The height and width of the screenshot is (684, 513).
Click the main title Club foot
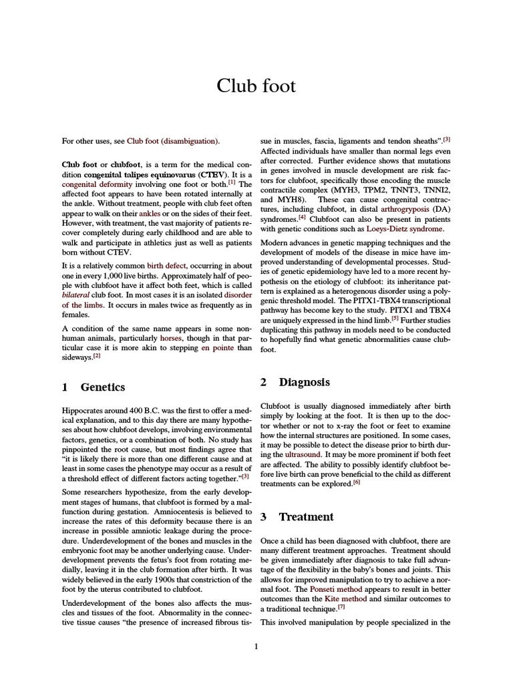pos(256,86)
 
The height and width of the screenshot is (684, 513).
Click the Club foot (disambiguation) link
pos(172,141)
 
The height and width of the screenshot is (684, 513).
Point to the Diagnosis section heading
pos(304,382)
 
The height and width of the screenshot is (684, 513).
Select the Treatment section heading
pos(306,516)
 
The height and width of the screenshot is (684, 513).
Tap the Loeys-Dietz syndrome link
pos(405,228)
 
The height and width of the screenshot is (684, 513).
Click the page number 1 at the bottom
pos(256,645)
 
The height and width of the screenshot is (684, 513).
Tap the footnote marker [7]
pos(341,607)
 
